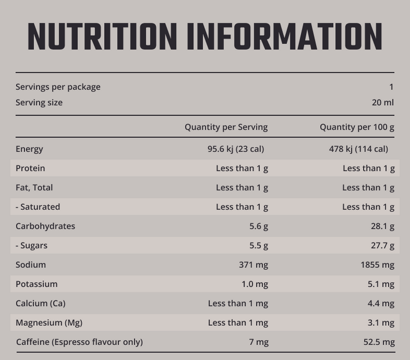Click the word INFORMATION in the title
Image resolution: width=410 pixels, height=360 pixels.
[284, 37]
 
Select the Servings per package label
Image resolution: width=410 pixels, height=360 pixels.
[58, 87]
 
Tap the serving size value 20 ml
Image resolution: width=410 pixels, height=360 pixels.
[383, 103]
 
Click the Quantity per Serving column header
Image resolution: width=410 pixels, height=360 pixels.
[226, 127]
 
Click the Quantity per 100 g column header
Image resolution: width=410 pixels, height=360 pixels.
[357, 127]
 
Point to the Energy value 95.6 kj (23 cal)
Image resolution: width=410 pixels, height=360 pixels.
[236, 149]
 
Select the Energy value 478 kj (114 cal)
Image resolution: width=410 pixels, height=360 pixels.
[358, 149]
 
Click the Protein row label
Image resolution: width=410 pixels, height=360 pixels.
[30, 168]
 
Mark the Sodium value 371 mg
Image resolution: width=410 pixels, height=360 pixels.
[253, 265]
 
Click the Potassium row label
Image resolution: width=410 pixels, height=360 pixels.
[36, 284]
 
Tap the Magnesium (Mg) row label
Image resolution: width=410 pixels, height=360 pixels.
[49, 323]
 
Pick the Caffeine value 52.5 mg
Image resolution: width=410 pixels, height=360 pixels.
[379, 342]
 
